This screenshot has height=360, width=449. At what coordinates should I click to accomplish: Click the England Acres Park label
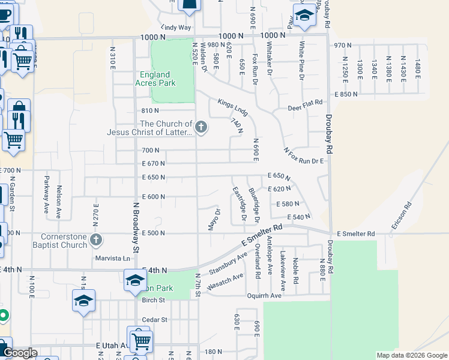point(172,80)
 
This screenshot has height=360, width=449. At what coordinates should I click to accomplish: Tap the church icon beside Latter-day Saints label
point(201,127)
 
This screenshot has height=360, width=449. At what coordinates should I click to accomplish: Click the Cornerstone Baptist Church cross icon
point(95,241)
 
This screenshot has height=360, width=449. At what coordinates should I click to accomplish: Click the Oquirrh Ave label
point(264,296)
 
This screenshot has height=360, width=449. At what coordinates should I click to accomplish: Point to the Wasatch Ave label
point(225,281)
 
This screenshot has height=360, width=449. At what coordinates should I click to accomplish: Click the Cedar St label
point(154,320)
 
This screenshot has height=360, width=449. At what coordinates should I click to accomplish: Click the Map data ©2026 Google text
point(412,355)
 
